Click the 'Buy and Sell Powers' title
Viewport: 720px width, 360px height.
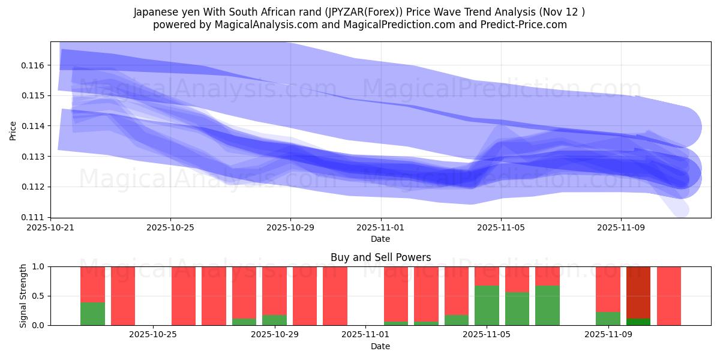[380, 257]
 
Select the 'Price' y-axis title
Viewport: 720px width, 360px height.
[13, 130]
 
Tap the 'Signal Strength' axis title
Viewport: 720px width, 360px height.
[23, 296]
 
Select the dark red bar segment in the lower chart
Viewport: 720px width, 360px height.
[638, 292]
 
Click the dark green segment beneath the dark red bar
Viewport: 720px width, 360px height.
[638, 322]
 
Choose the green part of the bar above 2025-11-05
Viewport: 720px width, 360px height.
[487, 305]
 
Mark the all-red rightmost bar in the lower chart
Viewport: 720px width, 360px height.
[669, 296]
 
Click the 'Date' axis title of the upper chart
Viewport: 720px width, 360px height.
[380, 239]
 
